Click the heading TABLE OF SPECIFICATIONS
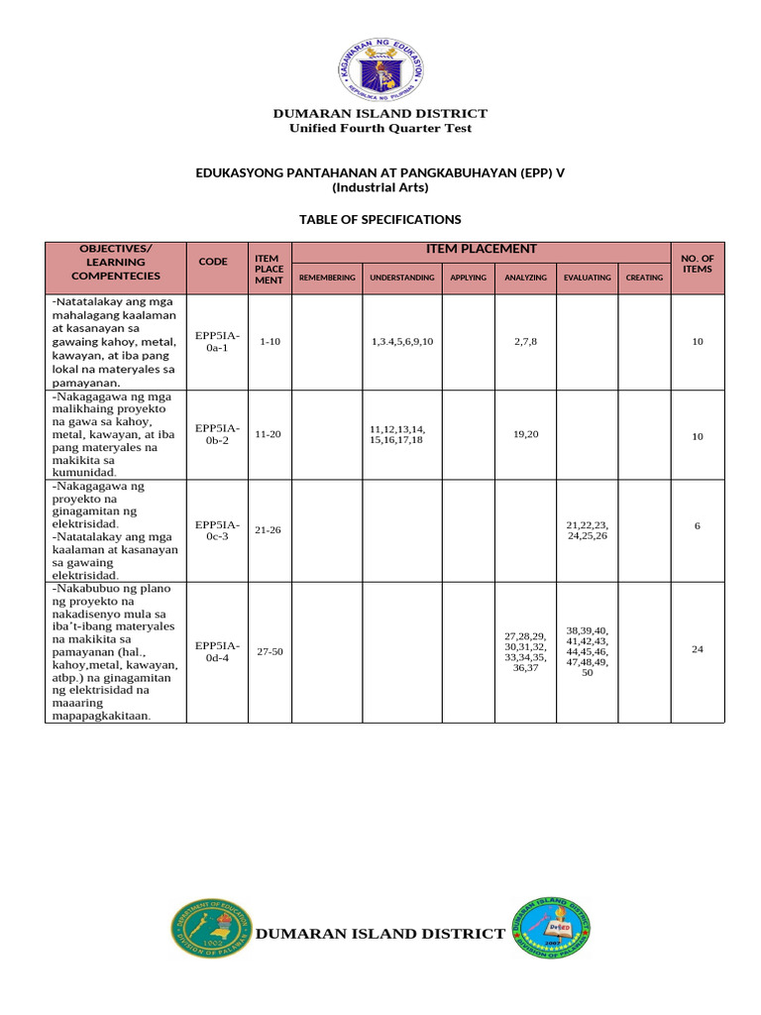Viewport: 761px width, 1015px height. click(x=380, y=219)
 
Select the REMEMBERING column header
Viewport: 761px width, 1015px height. click(x=327, y=278)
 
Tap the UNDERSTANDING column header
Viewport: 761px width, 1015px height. click(x=401, y=278)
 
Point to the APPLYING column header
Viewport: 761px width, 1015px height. click(x=468, y=278)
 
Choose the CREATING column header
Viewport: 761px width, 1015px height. click(x=644, y=278)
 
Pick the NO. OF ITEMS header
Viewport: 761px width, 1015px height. click(x=698, y=264)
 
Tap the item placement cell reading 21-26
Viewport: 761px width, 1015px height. click(x=268, y=530)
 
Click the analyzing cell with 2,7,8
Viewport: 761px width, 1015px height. click(x=525, y=341)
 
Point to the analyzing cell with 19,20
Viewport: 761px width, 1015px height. click(x=525, y=435)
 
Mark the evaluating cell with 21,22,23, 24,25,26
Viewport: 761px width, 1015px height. click(x=587, y=530)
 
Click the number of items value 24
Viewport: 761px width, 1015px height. click(x=698, y=650)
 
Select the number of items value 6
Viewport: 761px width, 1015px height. click(x=698, y=526)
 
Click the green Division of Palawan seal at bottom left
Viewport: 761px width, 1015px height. click(x=212, y=930)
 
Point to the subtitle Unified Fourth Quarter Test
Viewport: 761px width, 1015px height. click(x=380, y=128)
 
